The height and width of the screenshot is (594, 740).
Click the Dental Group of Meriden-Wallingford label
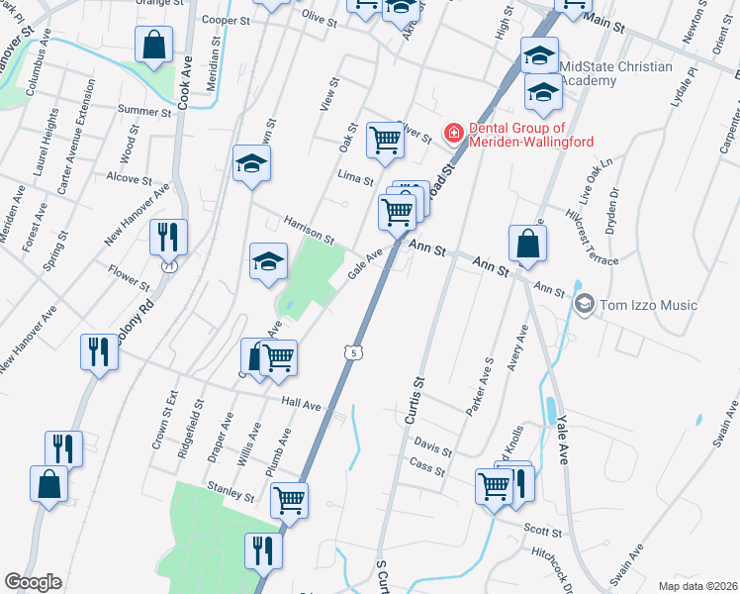530,135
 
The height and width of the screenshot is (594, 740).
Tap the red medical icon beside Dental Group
453,131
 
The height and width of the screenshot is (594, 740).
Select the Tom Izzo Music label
650,305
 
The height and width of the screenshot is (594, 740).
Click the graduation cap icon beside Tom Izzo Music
585,304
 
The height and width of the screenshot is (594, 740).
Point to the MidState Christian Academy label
615,74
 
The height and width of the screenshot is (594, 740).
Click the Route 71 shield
169,266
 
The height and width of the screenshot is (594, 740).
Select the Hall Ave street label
301,404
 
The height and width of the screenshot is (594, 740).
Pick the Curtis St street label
415,400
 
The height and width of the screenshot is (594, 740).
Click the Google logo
34,582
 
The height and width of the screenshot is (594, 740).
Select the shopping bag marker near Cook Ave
153,45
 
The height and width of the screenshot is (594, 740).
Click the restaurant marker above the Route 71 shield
167,236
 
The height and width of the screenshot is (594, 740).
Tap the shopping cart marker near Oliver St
384,140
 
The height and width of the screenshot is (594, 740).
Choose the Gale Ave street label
365,265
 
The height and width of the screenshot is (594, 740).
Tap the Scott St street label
543,533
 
